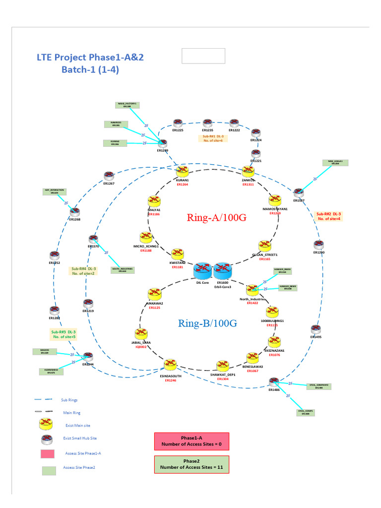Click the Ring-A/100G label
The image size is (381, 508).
point(216,217)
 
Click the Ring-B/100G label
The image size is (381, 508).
point(207,323)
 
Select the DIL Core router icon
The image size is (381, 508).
point(202,271)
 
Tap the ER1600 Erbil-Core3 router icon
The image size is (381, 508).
point(222,271)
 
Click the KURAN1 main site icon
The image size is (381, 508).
point(183,171)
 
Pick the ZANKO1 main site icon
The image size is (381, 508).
point(248,171)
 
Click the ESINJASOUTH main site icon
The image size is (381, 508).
point(171,365)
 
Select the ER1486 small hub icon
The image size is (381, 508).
point(274,382)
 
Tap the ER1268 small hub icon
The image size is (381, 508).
point(74,211)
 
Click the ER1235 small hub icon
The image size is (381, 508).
point(208,123)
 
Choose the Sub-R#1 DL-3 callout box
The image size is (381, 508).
point(213,138)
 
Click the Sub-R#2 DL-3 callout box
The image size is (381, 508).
point(328,216)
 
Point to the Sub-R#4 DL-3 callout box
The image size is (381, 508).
point(84,271)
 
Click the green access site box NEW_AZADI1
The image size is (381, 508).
point(335,162)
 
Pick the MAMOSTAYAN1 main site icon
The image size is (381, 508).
point(275,201)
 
